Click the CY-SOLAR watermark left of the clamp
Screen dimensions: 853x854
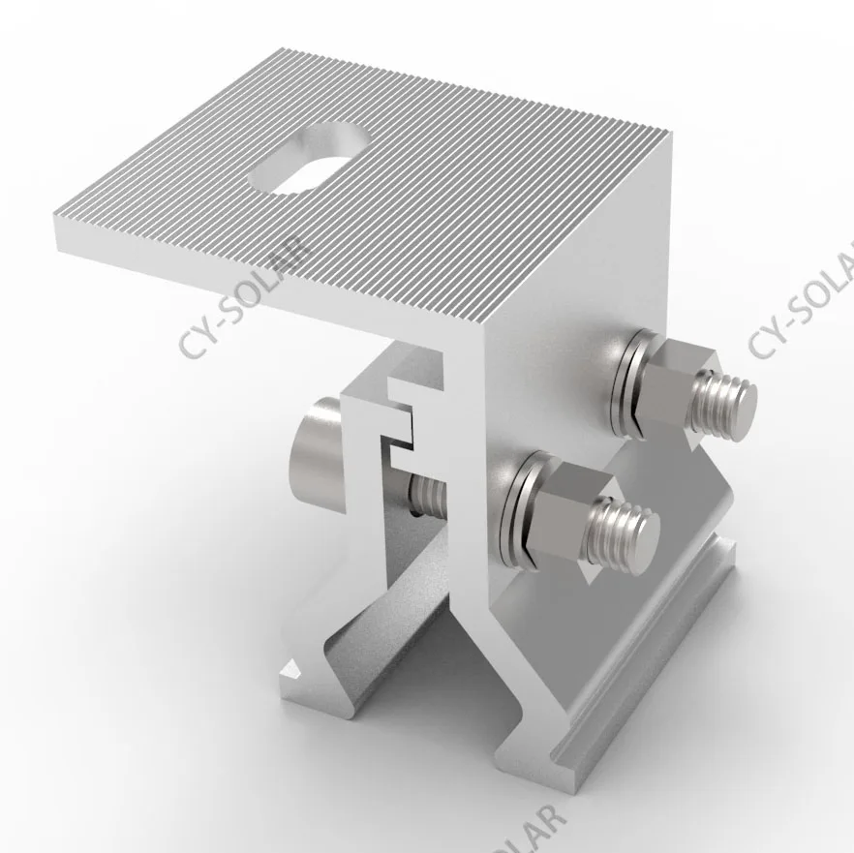coord(243,300)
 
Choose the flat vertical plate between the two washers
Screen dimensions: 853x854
coord(562,407)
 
